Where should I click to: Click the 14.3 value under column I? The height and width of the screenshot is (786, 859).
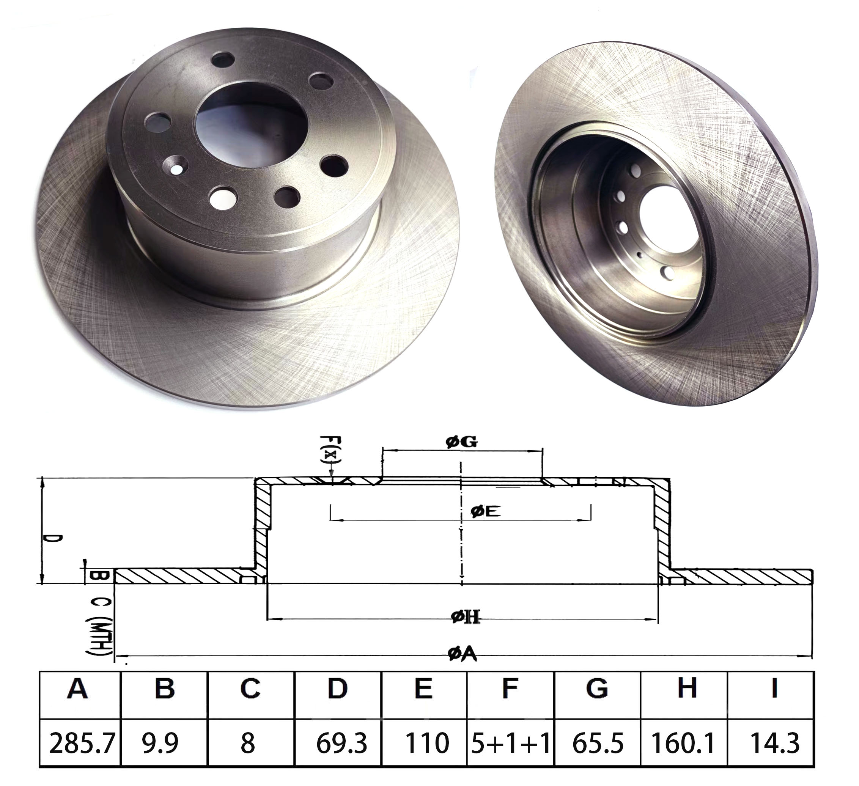(x=774, y=744)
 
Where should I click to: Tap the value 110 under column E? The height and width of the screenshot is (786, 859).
(x=426, y=744)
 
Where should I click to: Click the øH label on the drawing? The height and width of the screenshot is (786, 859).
(x=465, y=616)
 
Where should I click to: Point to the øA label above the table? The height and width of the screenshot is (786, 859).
(x=462, y=654)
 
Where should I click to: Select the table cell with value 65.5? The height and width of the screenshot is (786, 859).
(x=598, y=744)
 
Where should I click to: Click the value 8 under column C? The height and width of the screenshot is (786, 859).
(x=247, y=744)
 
